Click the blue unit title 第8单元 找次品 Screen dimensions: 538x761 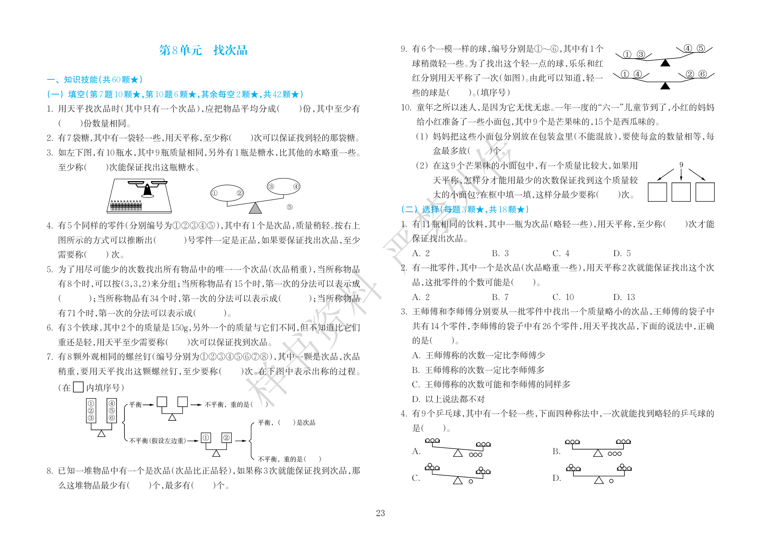(203, 50)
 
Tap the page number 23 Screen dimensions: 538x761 (380, 513)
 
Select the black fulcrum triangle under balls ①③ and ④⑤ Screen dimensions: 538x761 (665, 63)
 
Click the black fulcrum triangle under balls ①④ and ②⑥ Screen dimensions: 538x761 (665, 86)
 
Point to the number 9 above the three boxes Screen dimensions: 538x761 (681, 165)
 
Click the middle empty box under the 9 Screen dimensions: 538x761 (681, 192)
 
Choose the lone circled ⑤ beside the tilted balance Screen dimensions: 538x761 (290, 207)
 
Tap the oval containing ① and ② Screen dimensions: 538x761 (227, 193)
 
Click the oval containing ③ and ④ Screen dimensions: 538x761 (283, 186)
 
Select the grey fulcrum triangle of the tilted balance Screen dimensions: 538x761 (255, 208)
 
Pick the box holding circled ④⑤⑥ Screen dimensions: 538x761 (112, 410)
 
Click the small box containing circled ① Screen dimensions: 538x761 (206, 437)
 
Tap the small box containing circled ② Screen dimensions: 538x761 (227, 437)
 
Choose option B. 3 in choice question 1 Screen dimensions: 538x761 (500, 253)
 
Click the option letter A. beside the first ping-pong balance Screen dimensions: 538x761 (416, 451)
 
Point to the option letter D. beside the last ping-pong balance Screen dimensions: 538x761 (557, 478)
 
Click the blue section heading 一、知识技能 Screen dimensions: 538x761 (94, 80)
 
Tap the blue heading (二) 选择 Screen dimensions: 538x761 (464, 209)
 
